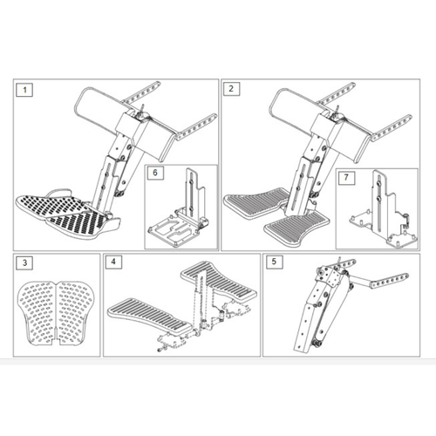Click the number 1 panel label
(24, 90)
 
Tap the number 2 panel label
(231, 89)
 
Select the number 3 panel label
(24, 262)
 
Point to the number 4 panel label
(113, 262)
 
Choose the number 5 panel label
(275, 262)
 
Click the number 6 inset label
(155, 173)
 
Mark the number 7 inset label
(346, 177)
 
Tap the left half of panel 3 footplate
(37, 312)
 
